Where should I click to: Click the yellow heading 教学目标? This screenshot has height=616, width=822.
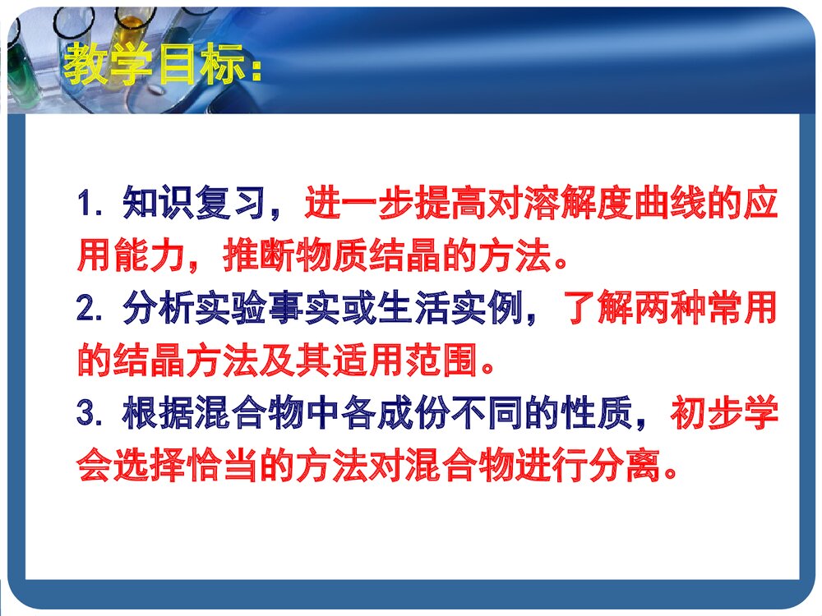155,64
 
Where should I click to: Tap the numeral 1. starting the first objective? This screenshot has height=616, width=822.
90,204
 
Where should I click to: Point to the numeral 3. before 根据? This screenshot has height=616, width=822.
90,413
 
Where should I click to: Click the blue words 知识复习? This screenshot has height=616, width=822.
195,203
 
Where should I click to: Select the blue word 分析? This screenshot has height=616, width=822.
159,307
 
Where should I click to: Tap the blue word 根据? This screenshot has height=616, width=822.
159,412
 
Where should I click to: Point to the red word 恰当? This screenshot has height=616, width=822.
222,465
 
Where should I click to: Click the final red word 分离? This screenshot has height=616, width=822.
624,465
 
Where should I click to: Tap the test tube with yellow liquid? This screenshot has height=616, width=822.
132,29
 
